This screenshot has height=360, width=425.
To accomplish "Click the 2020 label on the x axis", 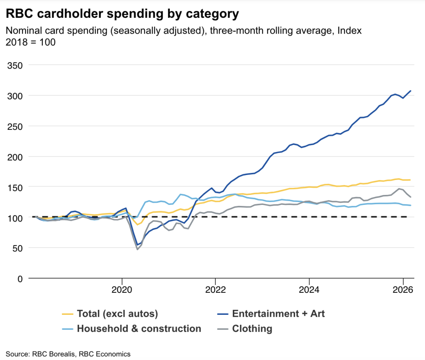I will click(x=122, y=289).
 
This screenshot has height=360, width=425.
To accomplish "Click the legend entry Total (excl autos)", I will click(x=117, y=314).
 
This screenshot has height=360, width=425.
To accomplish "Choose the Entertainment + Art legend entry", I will click(x=278, y=314).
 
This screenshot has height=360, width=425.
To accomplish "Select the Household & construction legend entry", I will click(x=139, y=329).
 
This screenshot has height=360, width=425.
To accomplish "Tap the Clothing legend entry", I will click(x=252, y=329).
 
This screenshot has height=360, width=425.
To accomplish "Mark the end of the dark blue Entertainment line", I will click(x=410, y=90).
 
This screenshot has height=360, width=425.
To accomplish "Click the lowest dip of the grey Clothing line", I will click(x=137, y=249).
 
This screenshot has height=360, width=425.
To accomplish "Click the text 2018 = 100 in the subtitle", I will click(x=30, y=42).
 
